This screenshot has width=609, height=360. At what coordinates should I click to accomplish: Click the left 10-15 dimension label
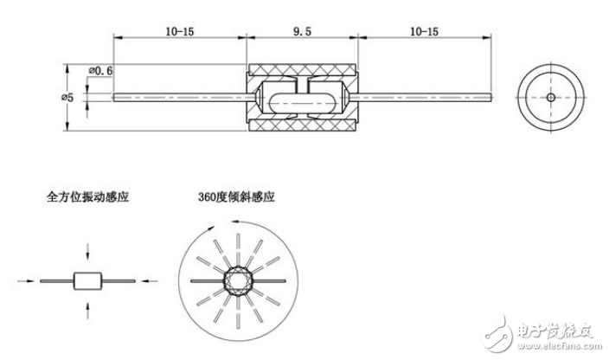179,31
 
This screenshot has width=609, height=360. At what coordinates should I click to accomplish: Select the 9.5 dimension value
303,31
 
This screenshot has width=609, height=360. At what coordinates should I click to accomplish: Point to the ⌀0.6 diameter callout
102,70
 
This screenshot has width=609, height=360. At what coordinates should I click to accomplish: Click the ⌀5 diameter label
67,97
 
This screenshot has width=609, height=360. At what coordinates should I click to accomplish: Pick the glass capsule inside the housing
303,97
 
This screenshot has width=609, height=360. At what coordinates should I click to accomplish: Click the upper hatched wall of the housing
303,71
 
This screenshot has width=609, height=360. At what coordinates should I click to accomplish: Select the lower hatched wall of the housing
303,124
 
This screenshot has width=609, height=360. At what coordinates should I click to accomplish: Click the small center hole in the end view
551,97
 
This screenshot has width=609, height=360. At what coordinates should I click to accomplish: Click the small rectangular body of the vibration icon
87,280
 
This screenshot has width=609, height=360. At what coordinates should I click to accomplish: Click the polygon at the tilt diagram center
236,280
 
